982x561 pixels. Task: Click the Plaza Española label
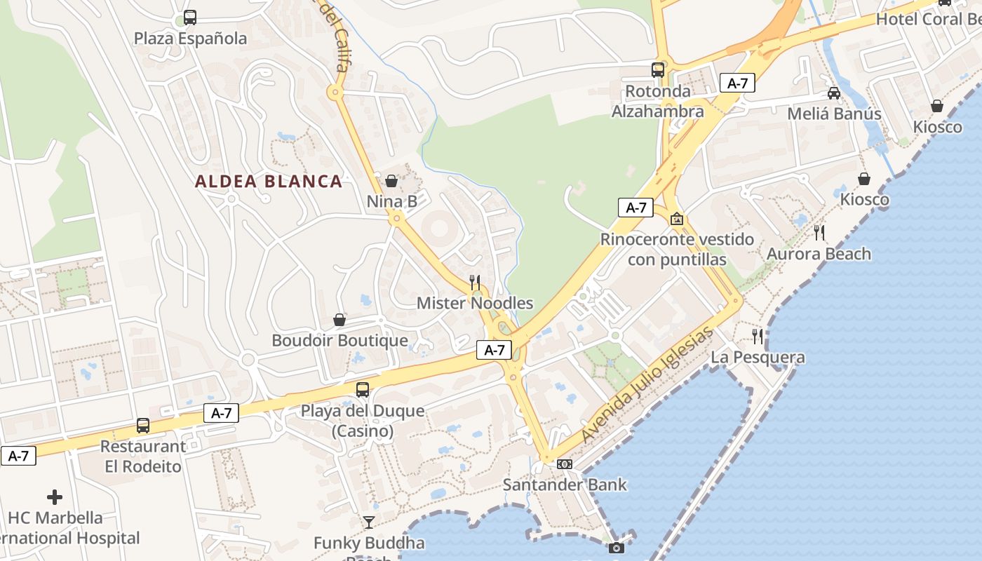190,38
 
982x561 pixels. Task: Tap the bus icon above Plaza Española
190,18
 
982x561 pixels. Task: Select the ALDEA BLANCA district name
269,182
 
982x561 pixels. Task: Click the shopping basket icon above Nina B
391,182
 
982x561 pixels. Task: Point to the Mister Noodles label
475,303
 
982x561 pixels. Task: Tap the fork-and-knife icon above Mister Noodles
475,283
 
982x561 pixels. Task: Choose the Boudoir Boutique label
339,340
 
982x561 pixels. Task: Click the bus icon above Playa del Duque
363,390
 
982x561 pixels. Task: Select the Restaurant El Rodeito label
143,456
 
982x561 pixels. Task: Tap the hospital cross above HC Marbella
55,498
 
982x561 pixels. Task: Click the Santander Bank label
565,485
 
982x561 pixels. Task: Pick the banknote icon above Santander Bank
565,464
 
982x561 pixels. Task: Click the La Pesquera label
758,358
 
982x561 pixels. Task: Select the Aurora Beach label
819,254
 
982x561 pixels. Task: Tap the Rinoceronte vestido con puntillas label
677,249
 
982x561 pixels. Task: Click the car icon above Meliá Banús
834,93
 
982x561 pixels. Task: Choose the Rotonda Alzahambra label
658,101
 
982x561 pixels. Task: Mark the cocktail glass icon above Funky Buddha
369,522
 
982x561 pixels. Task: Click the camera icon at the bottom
617,548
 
